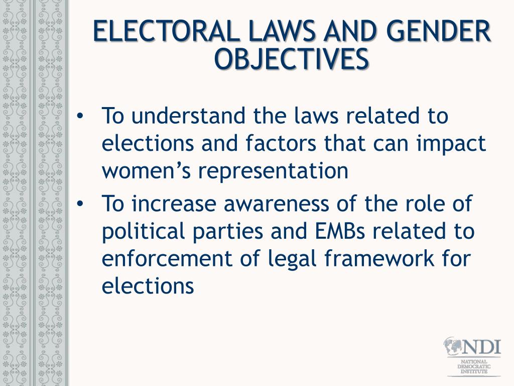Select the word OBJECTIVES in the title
coord(291,59)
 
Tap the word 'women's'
coord(146,171)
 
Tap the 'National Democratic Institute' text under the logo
coord(473,367)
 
